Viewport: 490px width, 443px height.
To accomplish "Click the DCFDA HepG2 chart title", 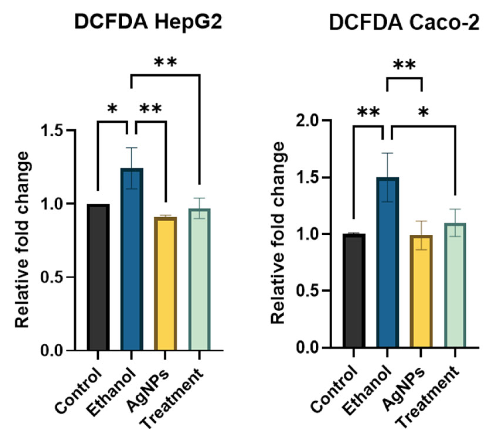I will click(148, 22).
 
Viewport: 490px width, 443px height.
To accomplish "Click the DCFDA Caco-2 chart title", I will click(404, 22).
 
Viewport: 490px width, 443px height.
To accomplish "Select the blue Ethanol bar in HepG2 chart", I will click(132, 258).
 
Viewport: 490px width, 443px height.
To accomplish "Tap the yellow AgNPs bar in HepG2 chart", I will click(165, 283).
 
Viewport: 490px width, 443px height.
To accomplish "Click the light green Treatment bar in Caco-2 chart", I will click(455, 285).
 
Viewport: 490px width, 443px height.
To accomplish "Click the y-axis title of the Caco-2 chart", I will click(278, 233).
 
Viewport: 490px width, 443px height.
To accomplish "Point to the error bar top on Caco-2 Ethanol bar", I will click(388, 153).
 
